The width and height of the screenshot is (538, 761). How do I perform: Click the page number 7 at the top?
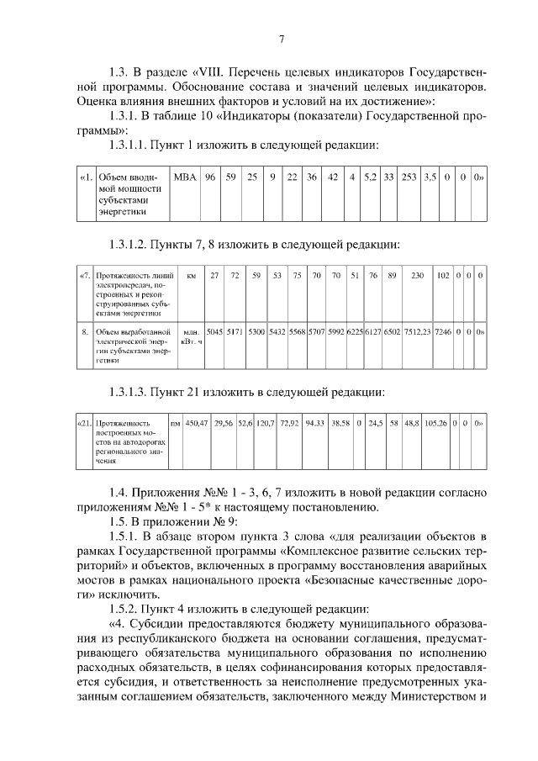click(x=282, y=40)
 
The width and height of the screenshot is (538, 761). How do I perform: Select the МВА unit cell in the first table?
click(x=185, y=178)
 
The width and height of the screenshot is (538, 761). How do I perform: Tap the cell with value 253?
click(x=409, y=178)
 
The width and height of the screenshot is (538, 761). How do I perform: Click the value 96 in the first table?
click(x=210, y=178)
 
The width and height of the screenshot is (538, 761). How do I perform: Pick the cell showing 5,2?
click(x=370, y=178)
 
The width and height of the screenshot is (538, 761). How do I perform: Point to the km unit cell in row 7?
click(x=192, y=276)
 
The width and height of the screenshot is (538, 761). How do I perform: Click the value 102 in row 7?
click(x=443, y=276)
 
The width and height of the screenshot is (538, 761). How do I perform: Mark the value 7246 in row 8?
click(x=443, y=332)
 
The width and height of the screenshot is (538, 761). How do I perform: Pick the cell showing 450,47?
click(x=197, y=423)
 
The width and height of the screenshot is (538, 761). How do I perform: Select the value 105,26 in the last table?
click(x=435, y=423)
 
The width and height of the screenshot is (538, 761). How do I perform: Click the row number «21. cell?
click(x=84, y=423)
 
